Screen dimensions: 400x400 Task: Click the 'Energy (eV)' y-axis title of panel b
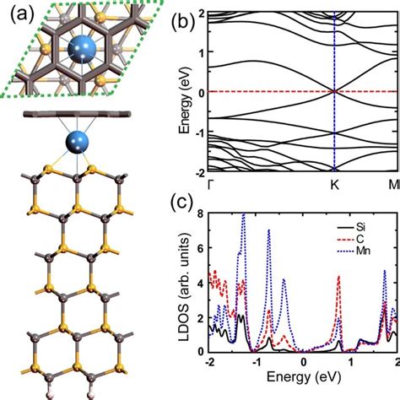point(178,93)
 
